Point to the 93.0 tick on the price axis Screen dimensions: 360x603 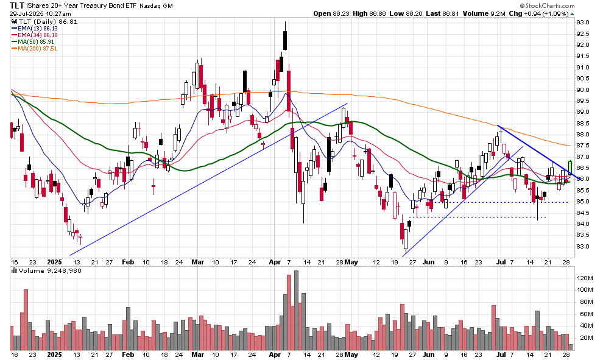584,23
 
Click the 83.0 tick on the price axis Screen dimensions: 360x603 584,247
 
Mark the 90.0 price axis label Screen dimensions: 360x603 584,90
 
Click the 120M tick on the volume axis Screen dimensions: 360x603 585,278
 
